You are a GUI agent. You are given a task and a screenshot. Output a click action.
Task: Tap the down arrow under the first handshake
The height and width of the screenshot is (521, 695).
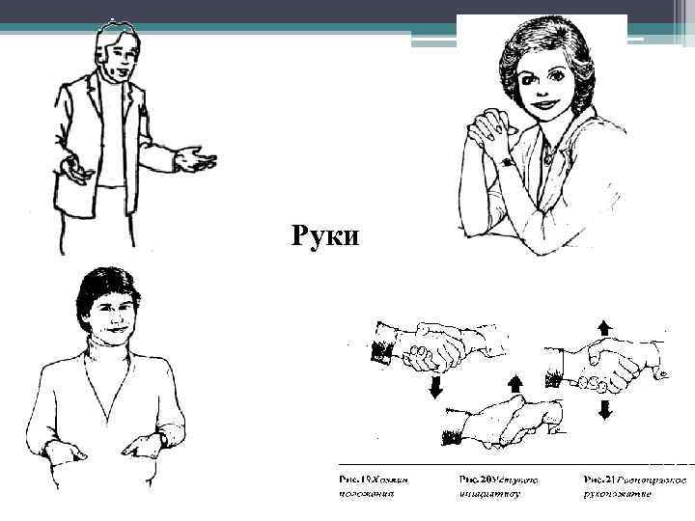435,387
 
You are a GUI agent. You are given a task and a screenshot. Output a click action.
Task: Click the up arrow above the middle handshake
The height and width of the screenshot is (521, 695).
514,384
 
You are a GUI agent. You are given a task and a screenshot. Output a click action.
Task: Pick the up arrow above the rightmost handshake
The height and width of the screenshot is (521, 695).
605,325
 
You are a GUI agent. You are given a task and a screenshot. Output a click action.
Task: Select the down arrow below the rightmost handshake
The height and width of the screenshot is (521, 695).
605,410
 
